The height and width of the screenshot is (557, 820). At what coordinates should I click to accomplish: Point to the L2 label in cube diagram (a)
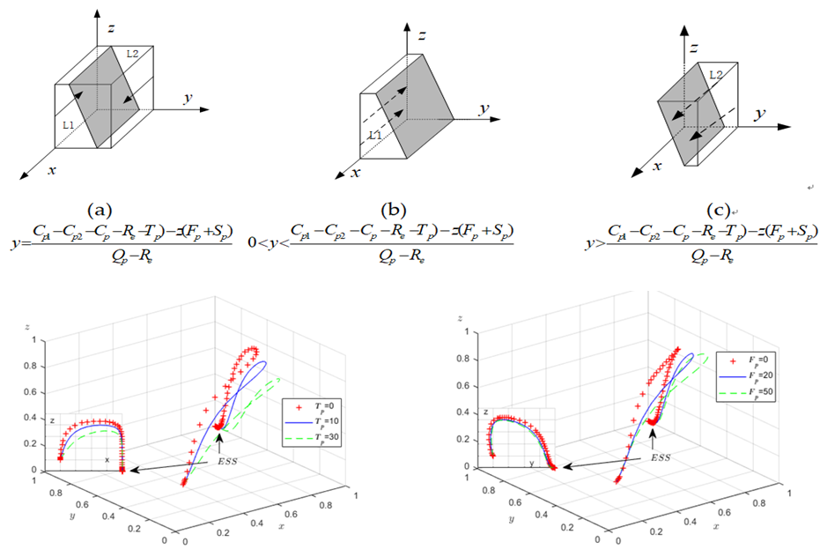coord(132,55)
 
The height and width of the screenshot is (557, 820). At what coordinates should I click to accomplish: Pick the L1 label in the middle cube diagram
coord(375,135)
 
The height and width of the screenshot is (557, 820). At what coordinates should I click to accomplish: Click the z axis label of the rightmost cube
coord(694,46)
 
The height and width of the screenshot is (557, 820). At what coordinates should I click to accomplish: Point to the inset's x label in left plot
coord(107,460)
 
